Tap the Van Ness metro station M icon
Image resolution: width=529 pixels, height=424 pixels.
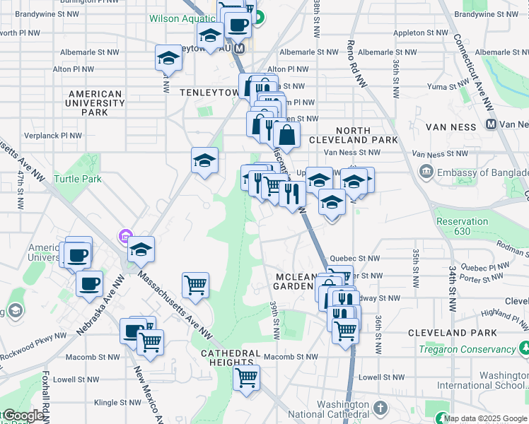[x=491, y=124]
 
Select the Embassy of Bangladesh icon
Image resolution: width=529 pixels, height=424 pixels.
[x=426, y=171]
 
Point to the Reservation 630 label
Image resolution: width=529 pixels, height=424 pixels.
[x=462, y=226]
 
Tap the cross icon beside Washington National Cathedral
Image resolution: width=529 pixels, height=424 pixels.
[x=380, y=408]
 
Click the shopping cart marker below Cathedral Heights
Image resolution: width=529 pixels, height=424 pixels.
[x=246, y=377]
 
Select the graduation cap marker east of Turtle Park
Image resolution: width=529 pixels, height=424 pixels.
[x=204, y=160]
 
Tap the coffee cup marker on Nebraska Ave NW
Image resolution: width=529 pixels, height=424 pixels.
[x=89, y=283]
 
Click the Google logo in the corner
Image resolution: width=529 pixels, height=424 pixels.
[x=23, y=416]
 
